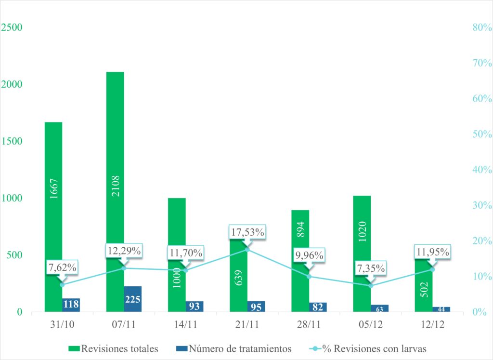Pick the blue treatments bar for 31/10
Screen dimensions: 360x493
coord(71,305)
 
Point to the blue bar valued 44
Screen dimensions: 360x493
coord(441,309)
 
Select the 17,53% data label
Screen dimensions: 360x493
coord(247,232)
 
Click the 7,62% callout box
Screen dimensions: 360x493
coord(63,267)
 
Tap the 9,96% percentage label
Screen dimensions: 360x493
coord(309,255)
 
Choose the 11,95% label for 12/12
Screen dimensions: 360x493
coord(432,252)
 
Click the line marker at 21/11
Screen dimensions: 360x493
coord(247,250)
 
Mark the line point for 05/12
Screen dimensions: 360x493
coord(371,286)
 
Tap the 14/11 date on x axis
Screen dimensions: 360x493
coord(186,324)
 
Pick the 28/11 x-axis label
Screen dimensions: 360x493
coord(309,324)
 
